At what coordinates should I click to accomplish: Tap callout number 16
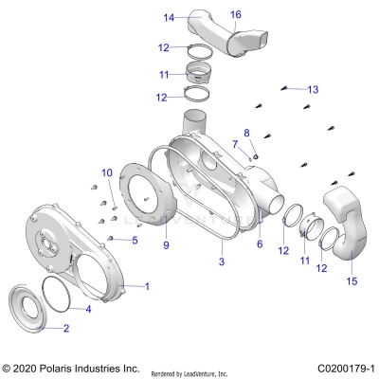[x=236, y=14]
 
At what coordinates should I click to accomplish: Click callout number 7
[x=236, y=144]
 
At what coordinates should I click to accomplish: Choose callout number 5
[x=135, y=241]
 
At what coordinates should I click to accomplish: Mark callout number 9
[x=165, y=245]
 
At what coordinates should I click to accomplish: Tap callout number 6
[x=259, y=244]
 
